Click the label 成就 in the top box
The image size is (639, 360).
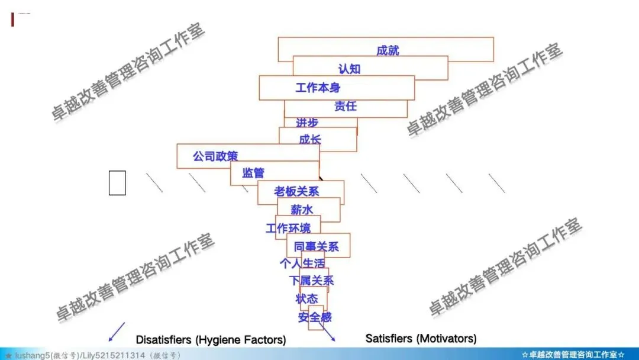(388, 50)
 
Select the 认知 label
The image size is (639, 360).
(349, 69)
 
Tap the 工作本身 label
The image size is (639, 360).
(318, 88)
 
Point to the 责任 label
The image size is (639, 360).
(346, 107)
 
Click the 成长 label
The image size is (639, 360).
(310, 140)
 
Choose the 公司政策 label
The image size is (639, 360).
(215, 157)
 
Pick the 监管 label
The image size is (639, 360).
(253, 173)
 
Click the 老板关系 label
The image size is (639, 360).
(296, 191)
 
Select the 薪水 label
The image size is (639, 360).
(302, 210)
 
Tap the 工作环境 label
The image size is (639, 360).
(288, 228)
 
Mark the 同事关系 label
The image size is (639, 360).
(317, 246)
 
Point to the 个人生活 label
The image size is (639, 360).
(302, 263)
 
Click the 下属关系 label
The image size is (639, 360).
(311, 281)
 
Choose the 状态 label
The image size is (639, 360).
(306, 299)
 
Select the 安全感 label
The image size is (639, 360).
(315, 317)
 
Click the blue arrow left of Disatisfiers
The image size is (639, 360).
(117, 332)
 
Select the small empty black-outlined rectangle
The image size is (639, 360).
(117, 182)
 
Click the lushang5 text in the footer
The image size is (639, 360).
(34, 355)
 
